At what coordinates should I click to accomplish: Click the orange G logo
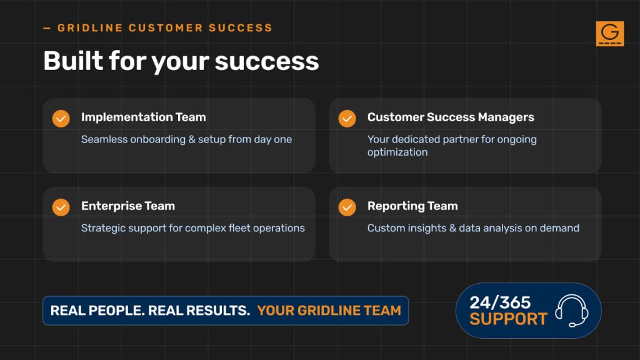[610, 34]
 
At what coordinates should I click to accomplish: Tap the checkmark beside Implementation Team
[61, 119]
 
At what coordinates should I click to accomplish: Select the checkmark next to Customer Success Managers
[347, 119]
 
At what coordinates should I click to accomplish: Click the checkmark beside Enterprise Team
[61, 207]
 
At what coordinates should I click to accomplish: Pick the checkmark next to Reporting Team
[347, 207]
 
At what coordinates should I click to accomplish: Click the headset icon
[572, 311]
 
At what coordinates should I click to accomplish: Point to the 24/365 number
[500, 302]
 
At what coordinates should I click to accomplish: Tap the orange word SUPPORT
[508, 319]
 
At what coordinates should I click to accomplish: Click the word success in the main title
[266, 61]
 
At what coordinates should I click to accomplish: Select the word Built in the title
[74, 61]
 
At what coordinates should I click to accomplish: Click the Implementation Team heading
[143, 117]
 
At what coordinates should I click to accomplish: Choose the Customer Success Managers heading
[451, 117]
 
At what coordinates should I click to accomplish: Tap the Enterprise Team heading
[127, 206]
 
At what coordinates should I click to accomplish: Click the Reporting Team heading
[412, 206]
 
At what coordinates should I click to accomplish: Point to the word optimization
[397, 152]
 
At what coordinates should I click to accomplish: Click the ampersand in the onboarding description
[192, 139]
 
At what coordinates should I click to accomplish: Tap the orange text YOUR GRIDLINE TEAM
[329, 311]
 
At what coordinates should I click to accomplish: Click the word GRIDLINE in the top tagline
[90, 27]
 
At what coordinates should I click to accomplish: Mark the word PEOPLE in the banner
[116, 311]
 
